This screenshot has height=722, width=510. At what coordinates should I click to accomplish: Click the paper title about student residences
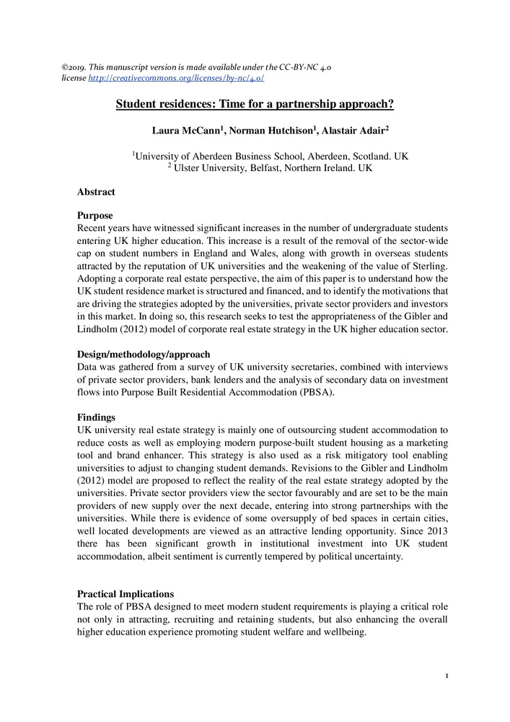(255, 104)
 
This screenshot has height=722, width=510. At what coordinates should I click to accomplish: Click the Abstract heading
(96, 192)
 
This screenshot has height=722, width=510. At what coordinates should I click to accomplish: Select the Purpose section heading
(94, 215)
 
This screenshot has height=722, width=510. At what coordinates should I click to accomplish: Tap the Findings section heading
(97, 417)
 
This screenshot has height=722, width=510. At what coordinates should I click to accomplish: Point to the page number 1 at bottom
(447, 677)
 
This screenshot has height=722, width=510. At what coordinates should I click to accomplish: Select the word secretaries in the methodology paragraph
(291, 367)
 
